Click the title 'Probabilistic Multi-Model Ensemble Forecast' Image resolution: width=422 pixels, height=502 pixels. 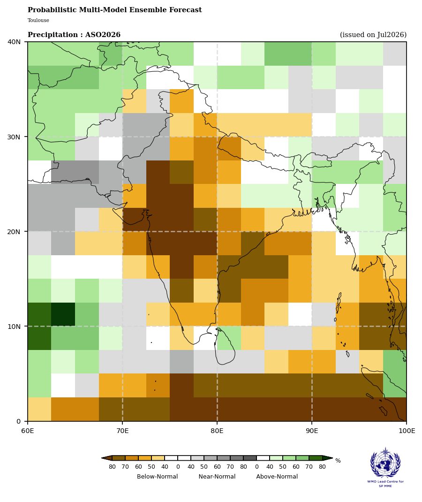pyautogui.click(x=114, y=10)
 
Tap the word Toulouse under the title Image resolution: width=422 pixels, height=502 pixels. pyautogui.click(x=38, y=20)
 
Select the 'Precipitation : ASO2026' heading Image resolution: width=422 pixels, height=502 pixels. pyautogui.click(x=74, y=35)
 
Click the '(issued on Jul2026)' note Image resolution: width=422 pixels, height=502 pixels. pyautogui.click(x=373, y=35)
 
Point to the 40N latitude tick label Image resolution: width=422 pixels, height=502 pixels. pyautogui.click(x=14, y=42)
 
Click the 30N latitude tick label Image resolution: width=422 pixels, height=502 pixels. pyautogui.click(x=14, y=137)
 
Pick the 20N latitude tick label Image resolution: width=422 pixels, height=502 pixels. pyautogui.click(x=14, y=231)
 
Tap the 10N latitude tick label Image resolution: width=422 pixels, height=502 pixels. pyautogui.click(x=14, y=326)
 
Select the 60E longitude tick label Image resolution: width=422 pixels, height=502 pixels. pyautogui.click(x=28, y=431)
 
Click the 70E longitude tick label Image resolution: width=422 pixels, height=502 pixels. pyautogui.click(x=122, y=431)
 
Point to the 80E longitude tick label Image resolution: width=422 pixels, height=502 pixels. pyautogui.click(x=217, y=431)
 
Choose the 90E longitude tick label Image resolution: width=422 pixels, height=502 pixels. pyautogui.click(x=312, y=431)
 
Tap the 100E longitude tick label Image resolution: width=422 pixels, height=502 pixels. pyautogui.click(x=407, y=431)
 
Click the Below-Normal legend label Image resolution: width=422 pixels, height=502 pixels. pyautogui.click(x=158, y=476)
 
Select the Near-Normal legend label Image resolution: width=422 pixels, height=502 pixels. pyautogui.click(x=217, y=476)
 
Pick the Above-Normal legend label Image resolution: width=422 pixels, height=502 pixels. pyautogui.click(x=277, y=476)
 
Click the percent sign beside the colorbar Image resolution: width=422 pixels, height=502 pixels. pyautogui.click(x=338, y=461)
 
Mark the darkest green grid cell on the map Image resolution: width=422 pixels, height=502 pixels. pyautogui.click(x=63, y=314)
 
